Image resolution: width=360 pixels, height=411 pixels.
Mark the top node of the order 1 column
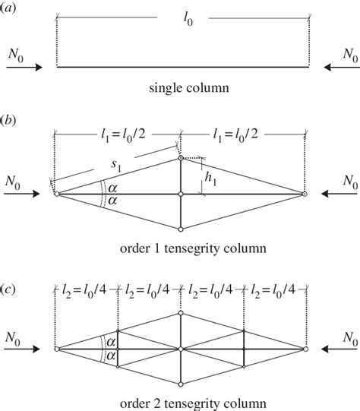181,159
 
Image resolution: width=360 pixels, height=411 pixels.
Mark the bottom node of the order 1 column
181,229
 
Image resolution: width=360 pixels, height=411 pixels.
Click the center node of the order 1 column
181,194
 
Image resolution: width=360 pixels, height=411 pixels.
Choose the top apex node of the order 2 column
181,313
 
